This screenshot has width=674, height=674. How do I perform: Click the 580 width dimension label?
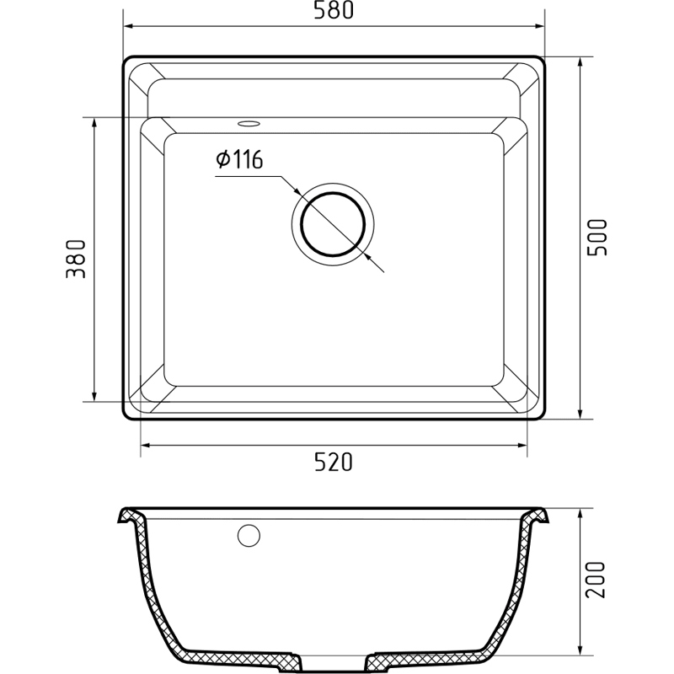pos(333,10)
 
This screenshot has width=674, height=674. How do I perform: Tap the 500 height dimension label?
pos(597,238)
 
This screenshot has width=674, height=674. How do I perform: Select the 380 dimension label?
pos(76,259)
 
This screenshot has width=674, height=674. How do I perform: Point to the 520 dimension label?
pos(333,462)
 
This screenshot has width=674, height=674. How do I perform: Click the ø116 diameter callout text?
pos(239,159)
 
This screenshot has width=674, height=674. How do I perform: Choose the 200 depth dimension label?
pos(596,580)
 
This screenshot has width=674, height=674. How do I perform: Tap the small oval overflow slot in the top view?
pos(249,124)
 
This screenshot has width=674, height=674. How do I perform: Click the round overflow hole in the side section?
pos(249,536)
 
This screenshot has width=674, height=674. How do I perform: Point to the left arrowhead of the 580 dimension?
pos(130,26)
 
